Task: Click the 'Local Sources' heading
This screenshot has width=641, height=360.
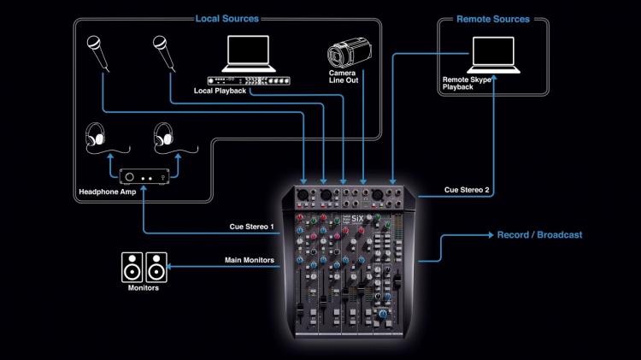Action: pos(226,18)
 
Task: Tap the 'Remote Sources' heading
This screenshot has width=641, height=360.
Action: pos(492,18)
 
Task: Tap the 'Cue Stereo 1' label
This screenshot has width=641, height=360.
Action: pos(252,227)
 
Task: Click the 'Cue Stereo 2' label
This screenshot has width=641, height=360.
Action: pos(468,191)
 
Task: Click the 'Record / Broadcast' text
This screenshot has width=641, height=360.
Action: pos(540,234)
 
